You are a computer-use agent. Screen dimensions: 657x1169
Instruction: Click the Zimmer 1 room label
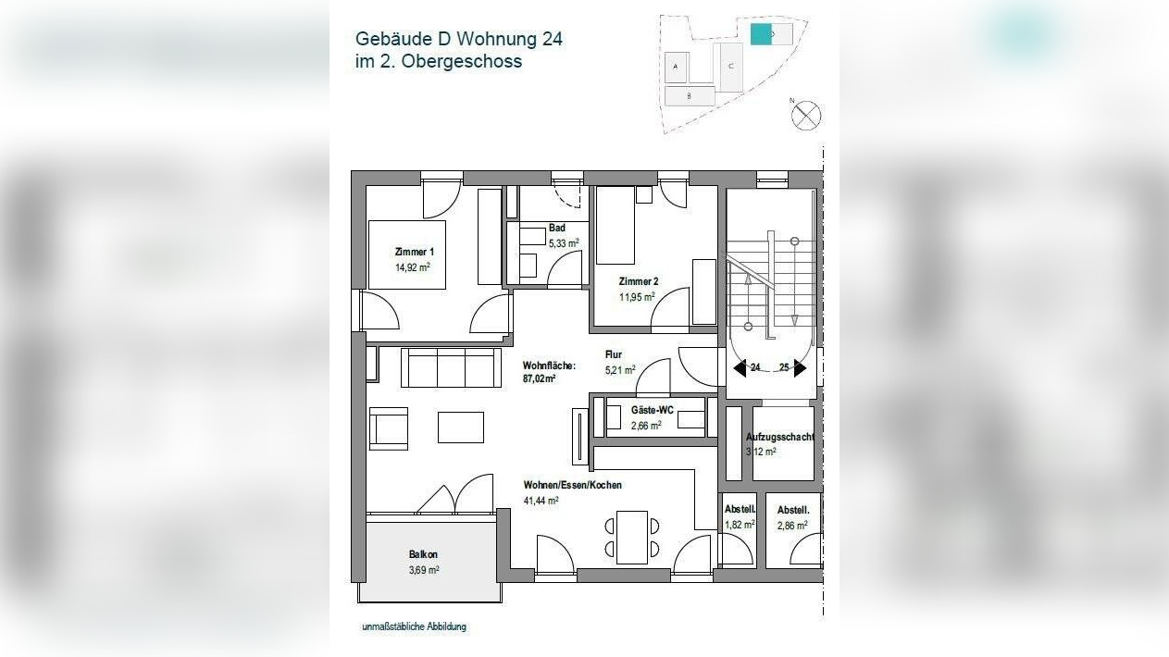[x=414, y=252]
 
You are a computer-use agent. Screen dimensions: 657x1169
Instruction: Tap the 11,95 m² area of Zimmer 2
[x=637, y=298]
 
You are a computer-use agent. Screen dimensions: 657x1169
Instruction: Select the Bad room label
[x=556, y=228]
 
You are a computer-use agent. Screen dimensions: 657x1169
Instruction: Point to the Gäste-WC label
[x=652, y=409]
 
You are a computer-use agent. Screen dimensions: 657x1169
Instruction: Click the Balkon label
[x=423, y=554]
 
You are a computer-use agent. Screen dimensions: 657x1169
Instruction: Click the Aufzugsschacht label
[x=779, y=437]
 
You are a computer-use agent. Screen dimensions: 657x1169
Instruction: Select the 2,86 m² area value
[x=792, y=525]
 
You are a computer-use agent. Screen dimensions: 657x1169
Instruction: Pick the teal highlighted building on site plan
[x=760, y=34]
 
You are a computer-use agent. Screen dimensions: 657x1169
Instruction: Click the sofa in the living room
[x=451, y=367]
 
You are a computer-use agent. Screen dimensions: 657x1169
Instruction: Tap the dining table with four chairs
[x=633, y=537]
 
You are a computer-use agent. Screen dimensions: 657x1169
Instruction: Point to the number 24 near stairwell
[x=755, y=368]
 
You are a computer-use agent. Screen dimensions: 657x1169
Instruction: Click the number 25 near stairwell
[x=784, y=368]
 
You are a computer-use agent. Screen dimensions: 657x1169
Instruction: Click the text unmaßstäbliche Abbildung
[x=414, y=626]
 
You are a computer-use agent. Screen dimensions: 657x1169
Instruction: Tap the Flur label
[x=613, y=354]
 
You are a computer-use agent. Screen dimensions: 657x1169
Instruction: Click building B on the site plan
[x=690, y=95]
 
